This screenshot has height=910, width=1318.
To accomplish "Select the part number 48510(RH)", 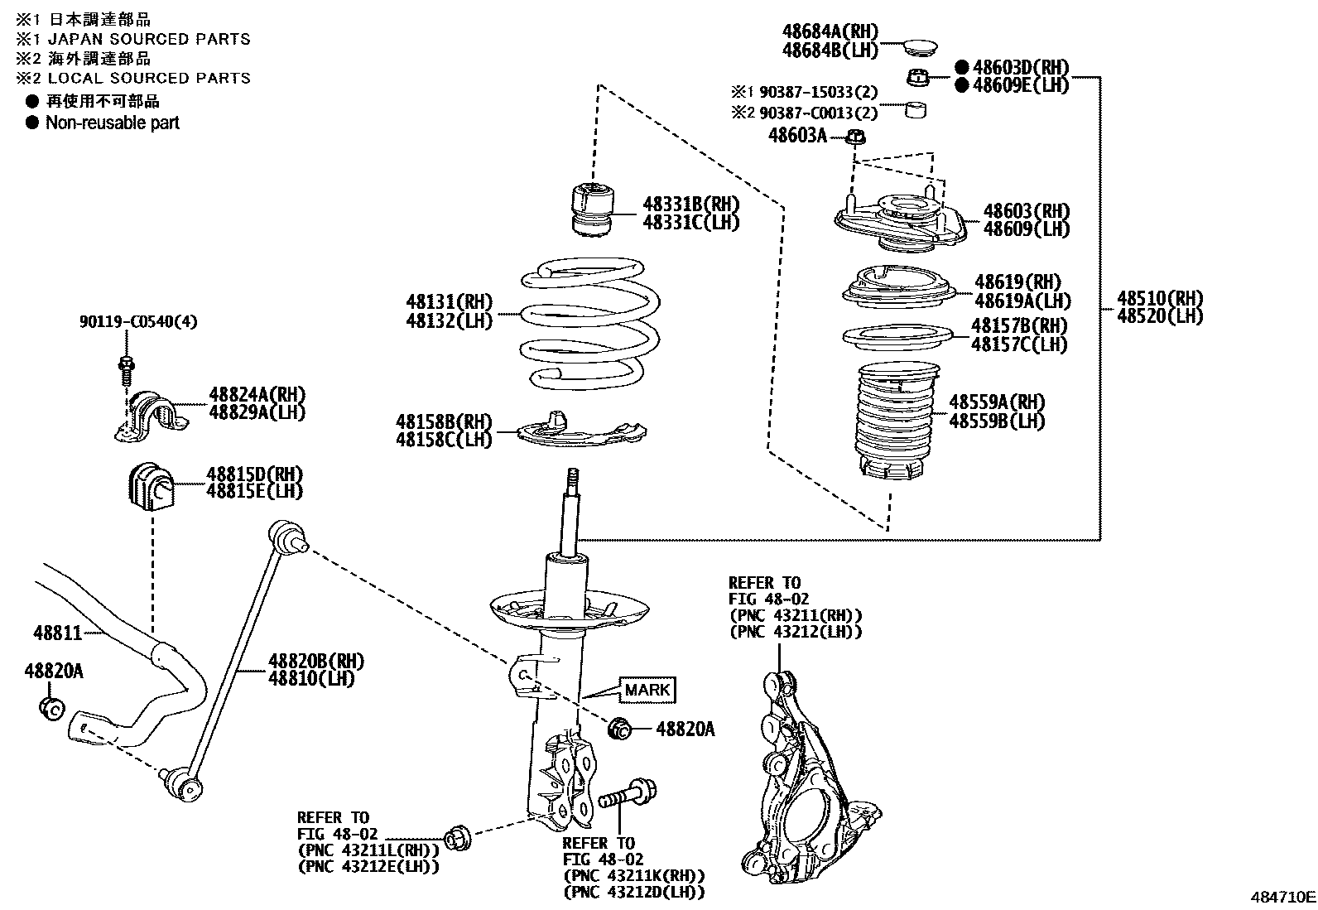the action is tap(1159, 298).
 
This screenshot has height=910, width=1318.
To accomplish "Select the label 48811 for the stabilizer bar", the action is tap(58, 633).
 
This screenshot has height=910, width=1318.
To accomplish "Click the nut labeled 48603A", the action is tap(857, 138).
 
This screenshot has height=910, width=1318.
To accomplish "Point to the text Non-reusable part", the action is tap(112, 123).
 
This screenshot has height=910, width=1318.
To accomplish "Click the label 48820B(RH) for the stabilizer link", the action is tap(315, 661).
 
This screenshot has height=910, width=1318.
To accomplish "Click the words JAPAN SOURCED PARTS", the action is tap(149, 38).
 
